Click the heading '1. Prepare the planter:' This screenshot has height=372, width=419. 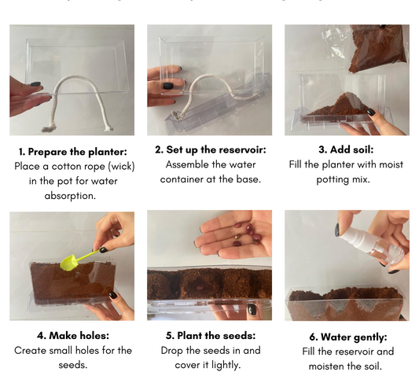tap(72, 152)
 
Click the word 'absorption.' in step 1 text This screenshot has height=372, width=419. tap(72, 196)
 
